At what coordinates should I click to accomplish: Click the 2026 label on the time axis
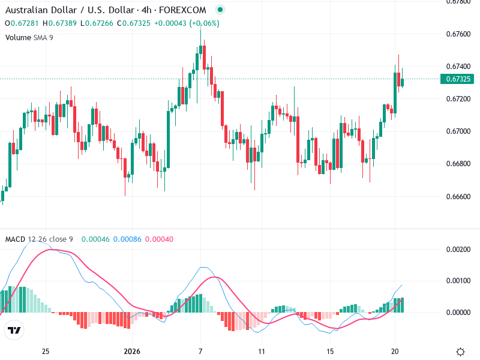131,351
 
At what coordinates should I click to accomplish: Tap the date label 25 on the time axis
45,351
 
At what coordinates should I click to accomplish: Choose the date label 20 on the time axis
395,351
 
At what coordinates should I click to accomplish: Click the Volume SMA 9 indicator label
29,37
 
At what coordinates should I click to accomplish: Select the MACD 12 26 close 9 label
39,239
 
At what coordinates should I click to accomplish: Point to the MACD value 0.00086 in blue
126,239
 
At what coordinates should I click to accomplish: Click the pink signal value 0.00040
159,239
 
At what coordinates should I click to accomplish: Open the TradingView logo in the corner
14,330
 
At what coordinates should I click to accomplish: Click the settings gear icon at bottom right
461,351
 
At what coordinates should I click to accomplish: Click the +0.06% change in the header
205,23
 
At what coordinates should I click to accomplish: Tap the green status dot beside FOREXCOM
220,10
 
